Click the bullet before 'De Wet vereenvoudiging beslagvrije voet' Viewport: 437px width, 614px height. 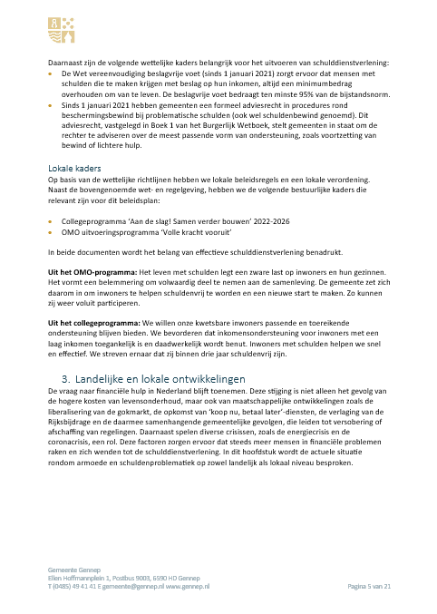(51, 73)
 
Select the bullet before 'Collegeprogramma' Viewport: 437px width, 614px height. (51, 220)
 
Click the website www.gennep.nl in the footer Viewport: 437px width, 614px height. (187, 587)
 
